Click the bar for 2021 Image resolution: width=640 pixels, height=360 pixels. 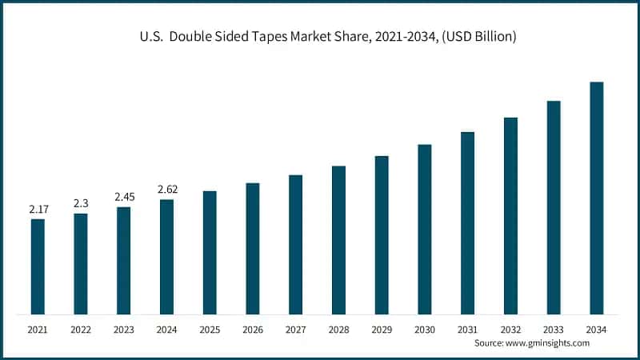pos(38,266)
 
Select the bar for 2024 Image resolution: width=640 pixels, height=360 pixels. pos(166,257)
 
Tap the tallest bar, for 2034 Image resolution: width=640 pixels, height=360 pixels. pos(597,198)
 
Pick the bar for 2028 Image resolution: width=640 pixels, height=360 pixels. pos(338,240)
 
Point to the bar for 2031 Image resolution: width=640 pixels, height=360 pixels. pos(468,223)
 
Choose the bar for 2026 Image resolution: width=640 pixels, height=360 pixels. pos(253,249)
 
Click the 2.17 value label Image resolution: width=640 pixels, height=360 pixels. pos(38,210)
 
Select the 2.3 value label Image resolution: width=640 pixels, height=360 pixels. pos(81,203)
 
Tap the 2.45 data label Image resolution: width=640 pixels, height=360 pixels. pos(124,197)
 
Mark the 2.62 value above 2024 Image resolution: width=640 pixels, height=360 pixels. pos(167,190)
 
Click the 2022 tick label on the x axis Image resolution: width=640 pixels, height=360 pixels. pos(81,330)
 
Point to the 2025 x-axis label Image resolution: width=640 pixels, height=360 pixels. pos(210,330)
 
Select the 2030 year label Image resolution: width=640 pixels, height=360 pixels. pos(425,330)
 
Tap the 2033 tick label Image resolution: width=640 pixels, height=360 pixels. pos(554,330)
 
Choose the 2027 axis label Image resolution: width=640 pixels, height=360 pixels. pos(296,330)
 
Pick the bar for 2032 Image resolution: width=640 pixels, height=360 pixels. pos(510,216)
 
